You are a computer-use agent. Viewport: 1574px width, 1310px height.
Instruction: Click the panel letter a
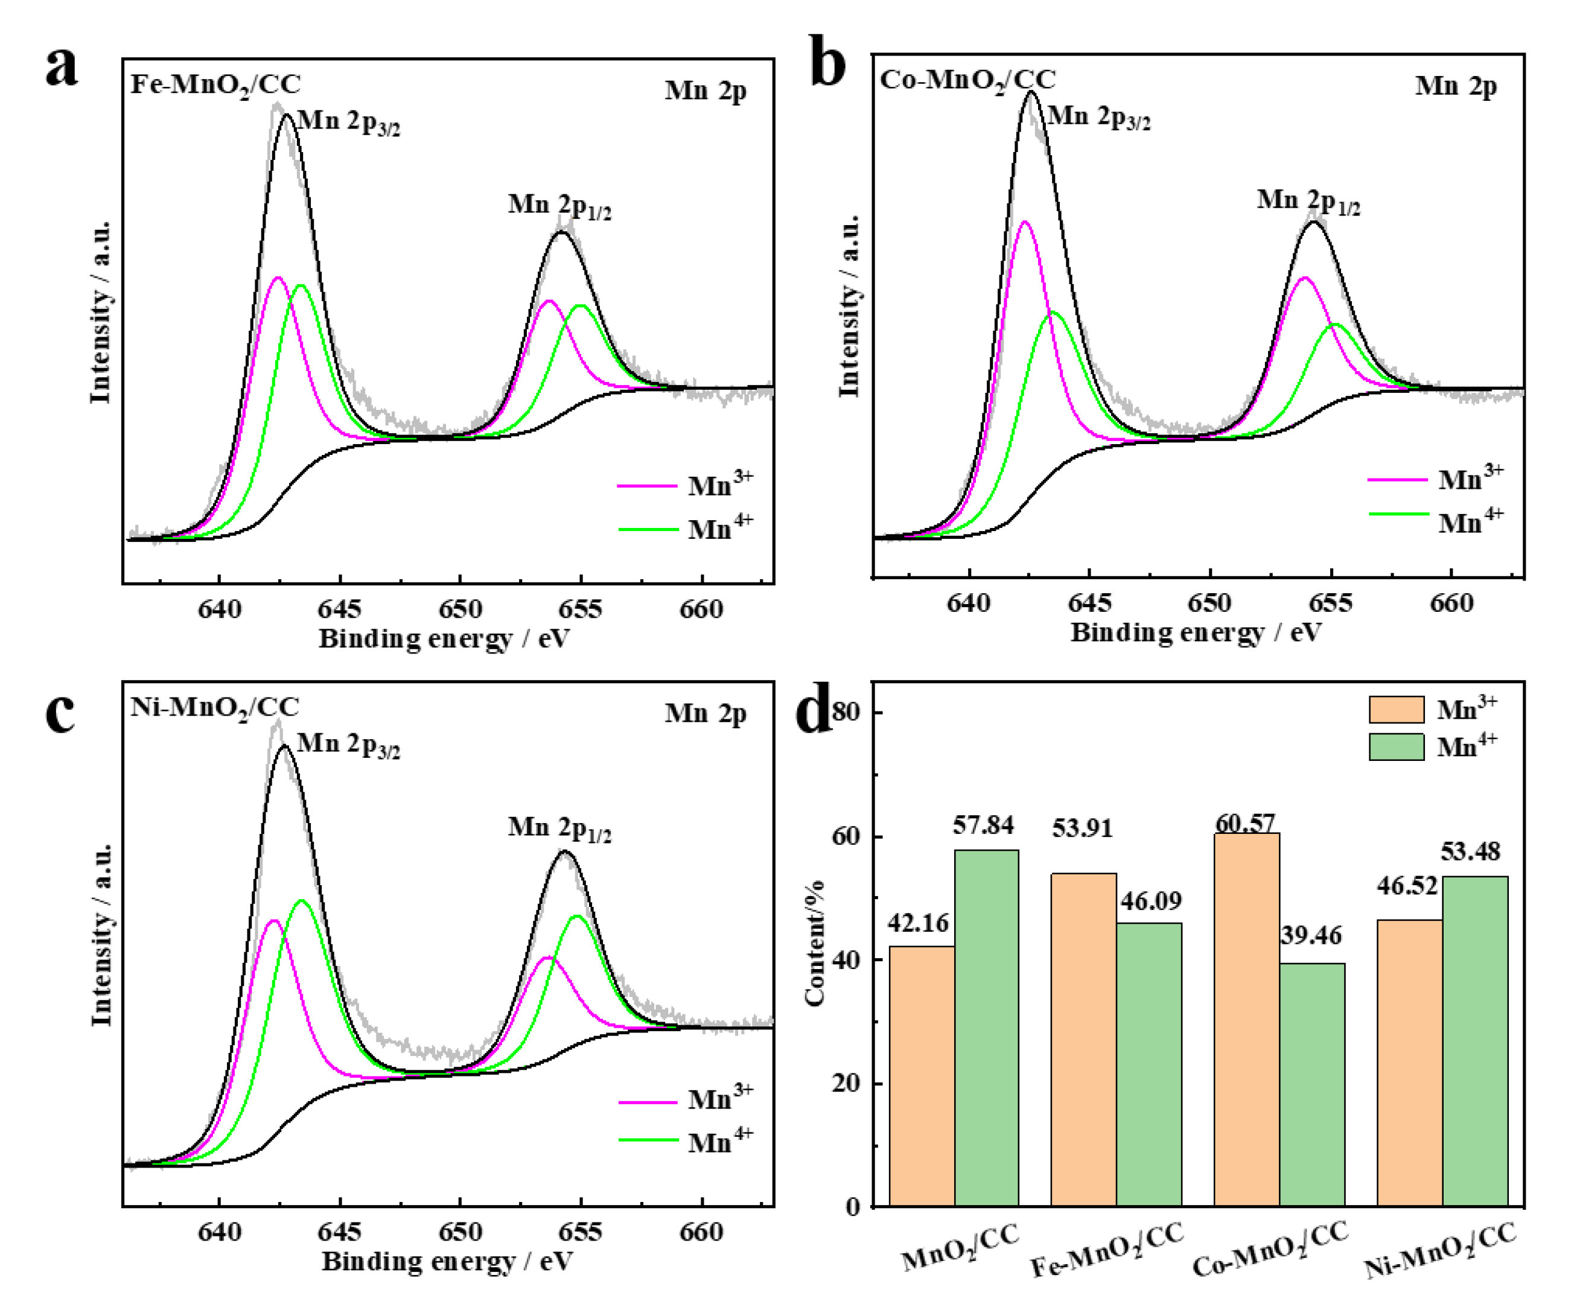click(x=62, y=68)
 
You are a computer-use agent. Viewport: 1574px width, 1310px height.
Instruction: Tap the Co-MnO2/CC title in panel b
click(x=967, y=80)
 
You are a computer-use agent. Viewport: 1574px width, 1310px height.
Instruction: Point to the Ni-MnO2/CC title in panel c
click(x=215, y=707)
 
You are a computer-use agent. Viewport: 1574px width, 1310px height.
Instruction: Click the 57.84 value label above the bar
click(x=983, y=825)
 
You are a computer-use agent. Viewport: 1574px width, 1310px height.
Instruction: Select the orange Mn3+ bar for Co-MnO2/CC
click(x=1246, y=1019)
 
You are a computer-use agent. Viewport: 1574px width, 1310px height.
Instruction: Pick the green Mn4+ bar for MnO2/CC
click(x=986, y=1028)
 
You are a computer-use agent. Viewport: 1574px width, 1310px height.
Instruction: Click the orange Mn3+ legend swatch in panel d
click(x=1395, y=709)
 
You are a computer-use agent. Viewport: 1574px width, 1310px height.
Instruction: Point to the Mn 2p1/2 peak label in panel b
click(x=1308, y=202)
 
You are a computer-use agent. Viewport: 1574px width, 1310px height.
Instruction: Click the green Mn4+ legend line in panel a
click(x=648, y=529)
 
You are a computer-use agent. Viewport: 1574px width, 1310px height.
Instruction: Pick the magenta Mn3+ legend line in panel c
click(x=648, y=1102)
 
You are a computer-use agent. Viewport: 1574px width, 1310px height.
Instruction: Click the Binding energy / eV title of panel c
click(x=447, y=1261)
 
